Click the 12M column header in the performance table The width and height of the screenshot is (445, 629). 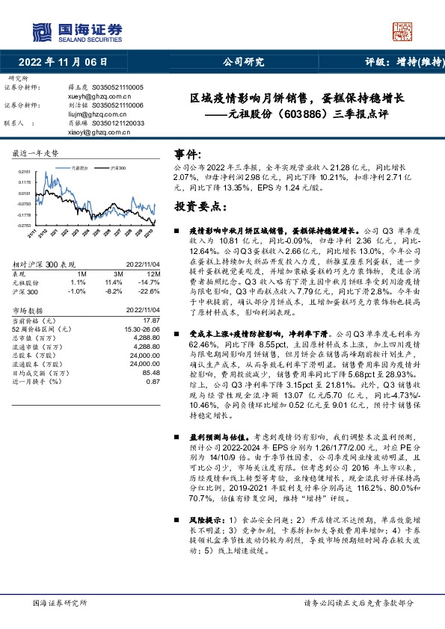pyautogui.click(x=155, y=275)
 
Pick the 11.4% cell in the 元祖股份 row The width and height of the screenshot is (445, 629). pyautogui.click(x=114, y=283)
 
